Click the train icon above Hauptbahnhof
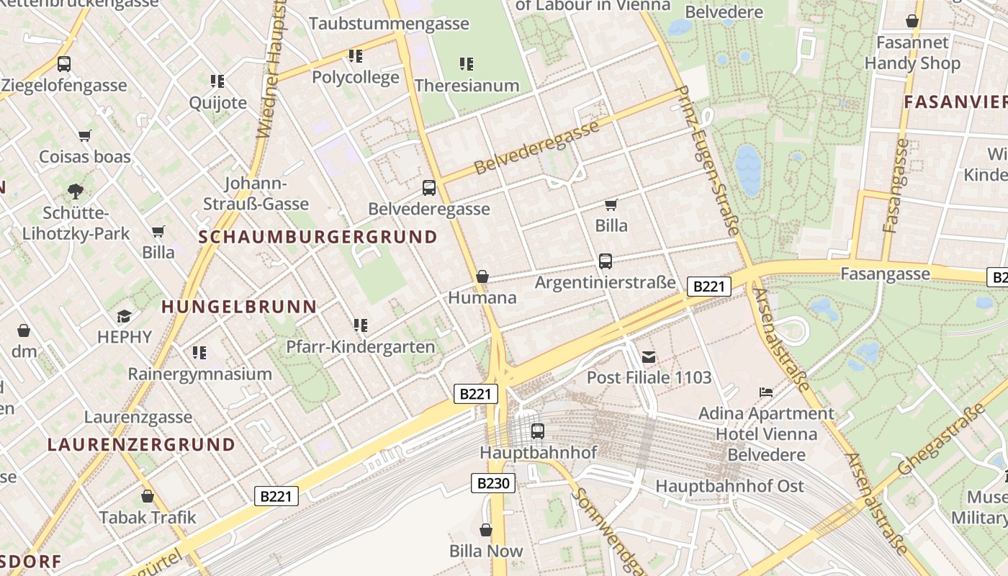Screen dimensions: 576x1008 click(537, 431)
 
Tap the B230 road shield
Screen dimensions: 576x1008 click(493, 483)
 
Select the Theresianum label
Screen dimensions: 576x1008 click(467, 86)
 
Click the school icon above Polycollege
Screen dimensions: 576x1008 click(355, 55)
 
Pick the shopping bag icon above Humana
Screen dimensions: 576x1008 click(482, 276)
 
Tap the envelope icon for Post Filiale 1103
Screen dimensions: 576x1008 click(649, 357)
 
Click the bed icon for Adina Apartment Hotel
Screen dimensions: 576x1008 click(766, 392)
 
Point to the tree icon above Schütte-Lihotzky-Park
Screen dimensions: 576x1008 click(75, 192)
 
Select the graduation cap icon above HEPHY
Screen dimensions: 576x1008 click(125, 316)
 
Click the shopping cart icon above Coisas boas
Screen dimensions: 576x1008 click(85, 135)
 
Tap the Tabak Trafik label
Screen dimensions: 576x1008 click(148, 518)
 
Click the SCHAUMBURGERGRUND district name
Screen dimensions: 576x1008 click(318, 237)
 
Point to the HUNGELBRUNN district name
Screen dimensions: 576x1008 click(239, 307)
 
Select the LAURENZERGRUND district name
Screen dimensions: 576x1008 click(142, 444)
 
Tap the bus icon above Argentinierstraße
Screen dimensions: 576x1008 click(605, 261)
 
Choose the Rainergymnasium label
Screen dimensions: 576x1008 click(199, 374)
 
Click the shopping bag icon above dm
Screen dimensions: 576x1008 click(24, 330)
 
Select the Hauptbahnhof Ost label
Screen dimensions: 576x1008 click(729, 487)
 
